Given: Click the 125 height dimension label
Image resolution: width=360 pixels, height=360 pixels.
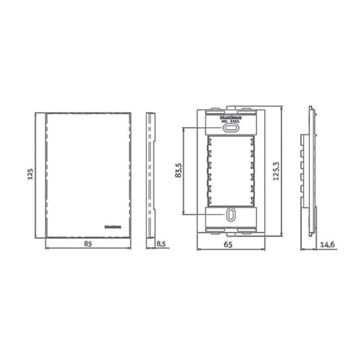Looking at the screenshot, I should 31,174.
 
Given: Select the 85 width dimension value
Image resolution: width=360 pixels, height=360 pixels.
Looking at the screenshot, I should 88,244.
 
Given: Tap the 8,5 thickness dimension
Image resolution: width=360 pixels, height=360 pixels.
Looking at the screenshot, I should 161,244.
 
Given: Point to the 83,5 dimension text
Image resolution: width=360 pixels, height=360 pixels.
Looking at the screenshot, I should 177,171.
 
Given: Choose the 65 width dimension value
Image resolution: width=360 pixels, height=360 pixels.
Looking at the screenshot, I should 228,244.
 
